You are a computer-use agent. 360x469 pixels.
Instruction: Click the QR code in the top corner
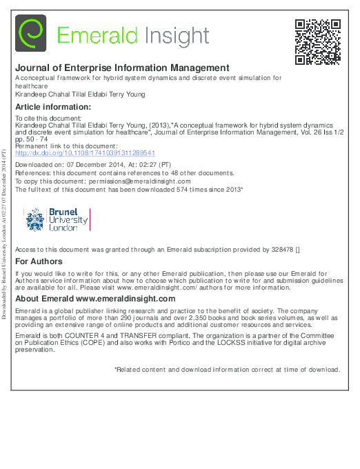tap(318, 42)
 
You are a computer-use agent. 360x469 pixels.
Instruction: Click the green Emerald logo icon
tap(31, 34)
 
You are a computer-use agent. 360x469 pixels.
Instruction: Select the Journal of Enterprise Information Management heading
tap(122, 68)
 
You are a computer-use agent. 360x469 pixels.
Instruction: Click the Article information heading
tap(53, 107)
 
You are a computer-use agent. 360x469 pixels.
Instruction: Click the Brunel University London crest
tap(35, 219)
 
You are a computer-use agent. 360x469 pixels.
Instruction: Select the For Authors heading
tap(39, 261)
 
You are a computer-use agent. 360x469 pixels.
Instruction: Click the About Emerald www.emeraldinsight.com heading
tap(95, 299)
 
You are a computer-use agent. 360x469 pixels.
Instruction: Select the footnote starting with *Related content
tap(227, 370)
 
